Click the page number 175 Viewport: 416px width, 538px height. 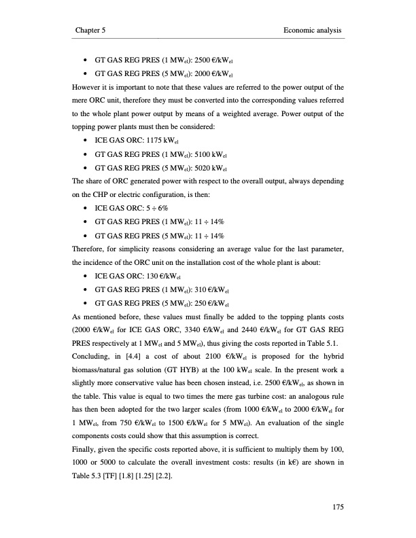[333, 505]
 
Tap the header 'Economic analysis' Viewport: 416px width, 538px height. [311, 31]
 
